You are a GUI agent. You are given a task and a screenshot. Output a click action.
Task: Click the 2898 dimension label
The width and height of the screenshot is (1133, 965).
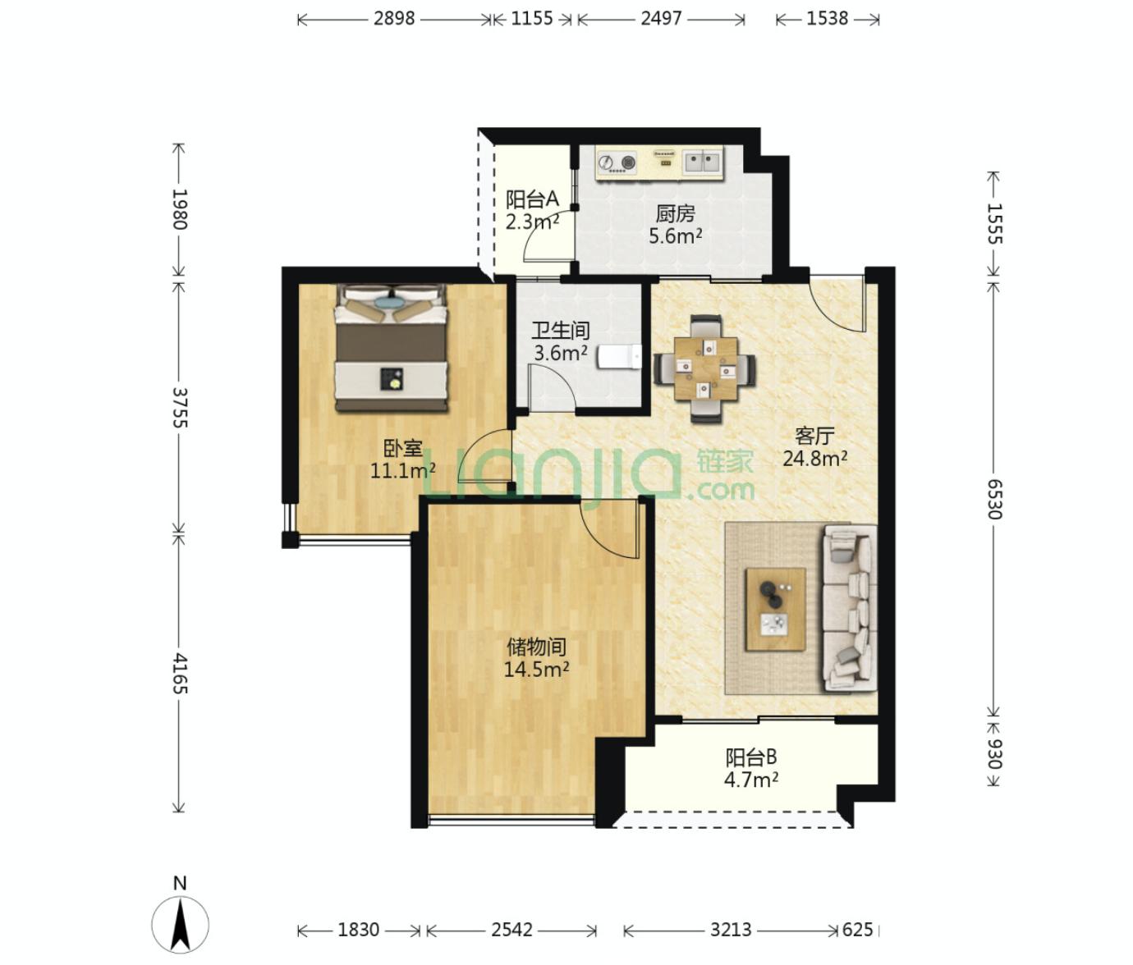[394, 19]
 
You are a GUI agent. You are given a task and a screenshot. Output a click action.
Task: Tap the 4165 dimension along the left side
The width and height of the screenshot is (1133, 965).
[179, 674]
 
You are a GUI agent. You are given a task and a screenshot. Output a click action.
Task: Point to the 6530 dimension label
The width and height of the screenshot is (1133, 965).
[993, 499]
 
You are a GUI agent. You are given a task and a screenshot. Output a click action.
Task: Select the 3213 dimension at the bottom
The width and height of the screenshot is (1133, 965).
[731, 930]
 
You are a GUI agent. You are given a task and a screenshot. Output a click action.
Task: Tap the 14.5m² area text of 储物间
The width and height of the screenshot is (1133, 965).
[536, 669]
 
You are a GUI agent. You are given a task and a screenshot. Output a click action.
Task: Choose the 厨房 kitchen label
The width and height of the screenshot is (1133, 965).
[676, 214]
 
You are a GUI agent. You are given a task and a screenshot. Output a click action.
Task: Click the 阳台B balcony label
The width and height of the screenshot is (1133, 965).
[751, 758]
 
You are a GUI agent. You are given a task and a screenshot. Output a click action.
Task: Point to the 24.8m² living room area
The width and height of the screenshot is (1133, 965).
[814, 458]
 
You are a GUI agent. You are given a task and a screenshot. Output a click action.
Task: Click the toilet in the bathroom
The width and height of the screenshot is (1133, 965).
[619, 357]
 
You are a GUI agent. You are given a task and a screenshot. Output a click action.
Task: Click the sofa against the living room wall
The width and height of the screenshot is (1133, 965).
[851, 608]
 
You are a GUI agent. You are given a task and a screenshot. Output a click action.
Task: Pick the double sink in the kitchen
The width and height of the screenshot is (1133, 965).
[703, 162]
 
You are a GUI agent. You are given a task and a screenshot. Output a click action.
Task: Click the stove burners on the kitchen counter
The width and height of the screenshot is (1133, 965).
[617, 162]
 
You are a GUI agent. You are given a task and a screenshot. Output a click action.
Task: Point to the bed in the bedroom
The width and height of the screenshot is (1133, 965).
[391, 348]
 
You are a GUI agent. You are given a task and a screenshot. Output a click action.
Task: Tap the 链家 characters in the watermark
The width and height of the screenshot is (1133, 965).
[725, 461]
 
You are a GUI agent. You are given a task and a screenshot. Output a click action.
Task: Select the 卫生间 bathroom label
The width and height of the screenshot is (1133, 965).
[560, 331]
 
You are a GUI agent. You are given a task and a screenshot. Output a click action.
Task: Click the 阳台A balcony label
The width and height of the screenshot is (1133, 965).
[532, 199]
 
